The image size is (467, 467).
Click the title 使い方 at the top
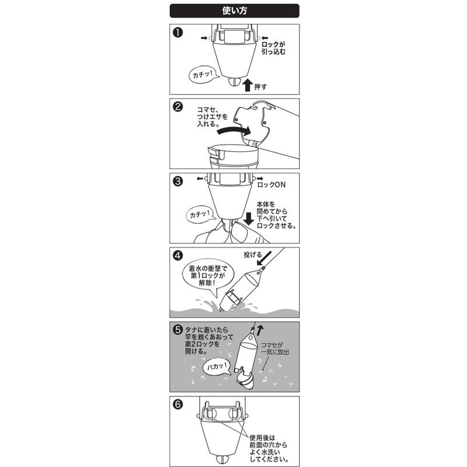point(233,10)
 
